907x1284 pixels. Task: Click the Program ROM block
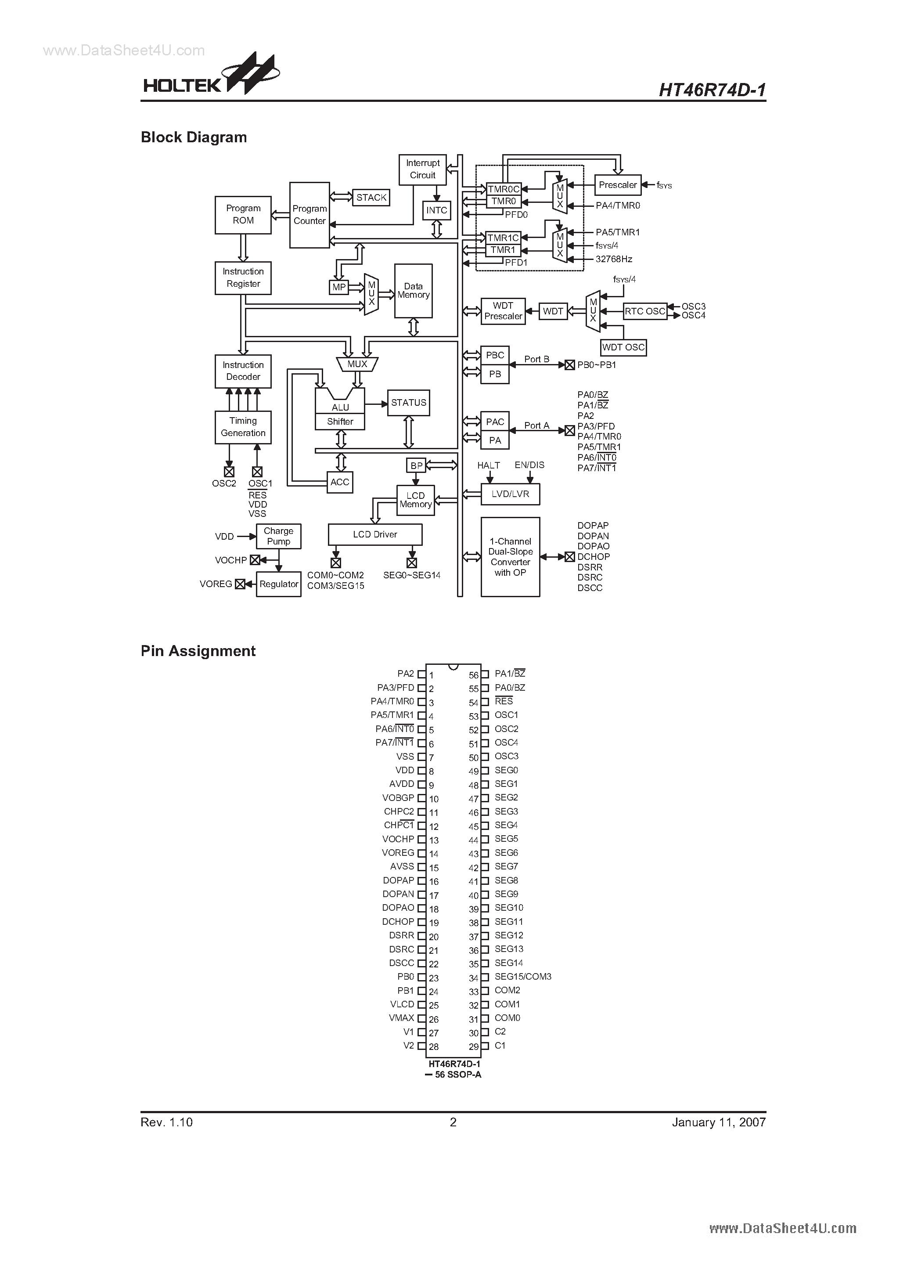click(243, 215)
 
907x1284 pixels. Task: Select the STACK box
click(371, 198)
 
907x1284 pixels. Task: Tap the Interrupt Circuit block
click(422, 170)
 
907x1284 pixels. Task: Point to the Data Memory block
click(413, 291)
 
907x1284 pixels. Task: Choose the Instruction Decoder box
click(243, 371)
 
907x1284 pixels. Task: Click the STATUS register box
click(408, 403)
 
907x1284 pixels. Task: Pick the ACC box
click(339, 482)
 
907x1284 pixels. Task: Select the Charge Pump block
click(278, 536)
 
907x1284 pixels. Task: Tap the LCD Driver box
click(374, 534)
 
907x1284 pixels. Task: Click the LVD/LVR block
click(510, 494)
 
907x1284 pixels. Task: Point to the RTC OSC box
click(645, 311)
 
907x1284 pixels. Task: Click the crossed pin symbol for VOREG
click(240, 584)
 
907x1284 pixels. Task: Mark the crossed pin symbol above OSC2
click(229, 472)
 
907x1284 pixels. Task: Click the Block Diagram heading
click(194, 137)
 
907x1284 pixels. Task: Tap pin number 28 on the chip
click(433, 1047)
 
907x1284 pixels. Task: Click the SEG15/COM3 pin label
click(523, 977)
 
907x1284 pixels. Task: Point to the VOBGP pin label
click(398, 798)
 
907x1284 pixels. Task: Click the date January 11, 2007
click(719, 1122)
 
